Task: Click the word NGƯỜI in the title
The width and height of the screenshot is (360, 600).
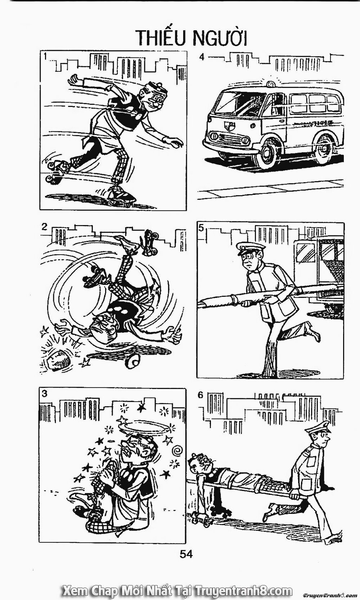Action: click(x=220, y=39)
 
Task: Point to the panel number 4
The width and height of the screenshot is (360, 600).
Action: click(x=202, y=57)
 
